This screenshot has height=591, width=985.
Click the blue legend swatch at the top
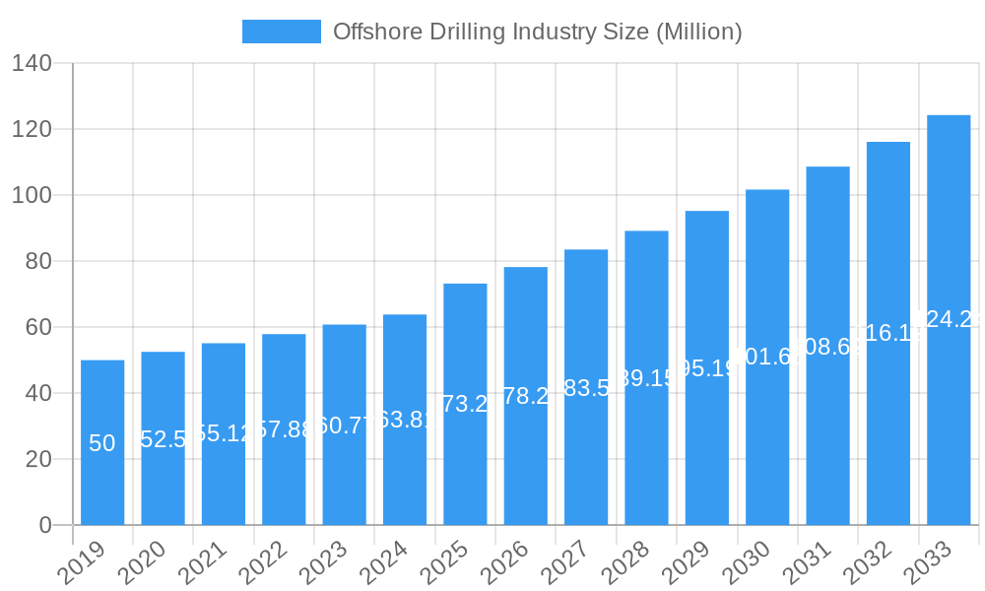pyautogui.click(x=282, y=32)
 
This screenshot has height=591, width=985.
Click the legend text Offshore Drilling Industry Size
pyautogui.click(x=537, y=32)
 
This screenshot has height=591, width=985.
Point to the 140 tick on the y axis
pyautogui.click(x=32, y=64)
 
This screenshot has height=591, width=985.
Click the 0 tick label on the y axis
pyautogui.click(x=45, y=525)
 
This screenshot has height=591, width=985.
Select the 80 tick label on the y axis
pyautogui.click(x=38, y=262)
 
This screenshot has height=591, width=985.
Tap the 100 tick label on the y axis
pyautogui.click(x=32, y=196)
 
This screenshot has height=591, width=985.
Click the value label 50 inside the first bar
pyautogui.click(x=102, y=443)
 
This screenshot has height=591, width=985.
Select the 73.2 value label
pyautogui.click(x=465, y=404)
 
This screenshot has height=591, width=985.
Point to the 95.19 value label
pyautogui.click(x=707, y=368)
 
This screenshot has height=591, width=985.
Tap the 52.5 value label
pyautogui.click(x=164, y=439)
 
